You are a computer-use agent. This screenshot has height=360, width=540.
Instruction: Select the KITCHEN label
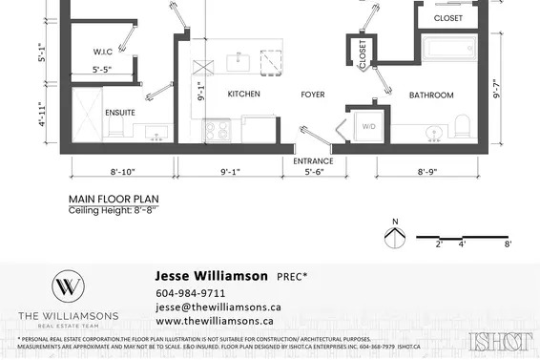tap(243, 95)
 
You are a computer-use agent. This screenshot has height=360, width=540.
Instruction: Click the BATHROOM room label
tap(431, 95)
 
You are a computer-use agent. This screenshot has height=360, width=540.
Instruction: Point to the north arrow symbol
tap(394, 236)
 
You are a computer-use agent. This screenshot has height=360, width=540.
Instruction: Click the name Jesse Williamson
tap(211, 275)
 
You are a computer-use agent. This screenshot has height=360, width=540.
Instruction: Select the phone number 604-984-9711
tap(190, 293)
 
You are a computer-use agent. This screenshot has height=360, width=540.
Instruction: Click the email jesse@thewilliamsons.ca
tap(218, 307)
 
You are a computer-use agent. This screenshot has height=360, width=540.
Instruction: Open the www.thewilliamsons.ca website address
tap(216, 322)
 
